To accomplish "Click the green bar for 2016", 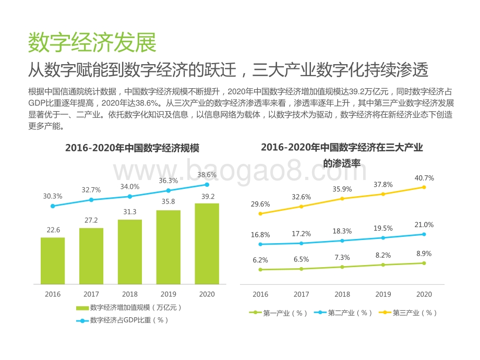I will pyautogui.click(x=53, y=261).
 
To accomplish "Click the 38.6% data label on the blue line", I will pyautogui.click(x=207, y=175).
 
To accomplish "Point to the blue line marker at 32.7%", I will pyautogui.click(x=91, y=200).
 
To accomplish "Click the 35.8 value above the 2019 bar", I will pyautogui.click(x=168, y=201).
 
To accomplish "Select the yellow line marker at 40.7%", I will pyautogui.click(x=424, y=187).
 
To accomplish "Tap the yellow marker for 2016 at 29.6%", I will pyautogui.click(x=260, y=213).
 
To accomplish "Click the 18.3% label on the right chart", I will pyautogui.click(x=342, y=231).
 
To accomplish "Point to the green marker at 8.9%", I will pyautogui.click(x=424, y=263).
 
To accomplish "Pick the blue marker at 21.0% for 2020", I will pyautogui.click(x=424, y=234).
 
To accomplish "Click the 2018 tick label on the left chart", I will pyautogui.click(x=130, y=294).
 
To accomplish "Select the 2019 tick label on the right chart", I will pyautogui.click(x=383, y=294).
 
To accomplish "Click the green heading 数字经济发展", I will pyautogui.click(x=92, y=43).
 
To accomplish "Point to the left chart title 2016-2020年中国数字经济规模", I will pyautogui.click(x=132, y=148).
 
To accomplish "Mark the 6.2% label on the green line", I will pyautogui.click(x=260, y=260).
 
